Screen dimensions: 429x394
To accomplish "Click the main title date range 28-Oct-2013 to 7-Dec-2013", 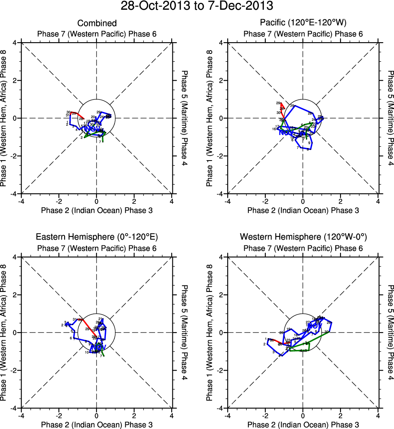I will click(x=197, y=6).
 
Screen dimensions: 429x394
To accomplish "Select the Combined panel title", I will click(x=97, y=23).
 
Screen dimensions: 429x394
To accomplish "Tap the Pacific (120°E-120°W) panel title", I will click(x=303, y=23).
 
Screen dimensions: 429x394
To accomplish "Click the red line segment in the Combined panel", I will click(x=78, y=115).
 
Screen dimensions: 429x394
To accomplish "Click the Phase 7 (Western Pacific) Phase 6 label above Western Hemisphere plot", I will click(x=303, y=248).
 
